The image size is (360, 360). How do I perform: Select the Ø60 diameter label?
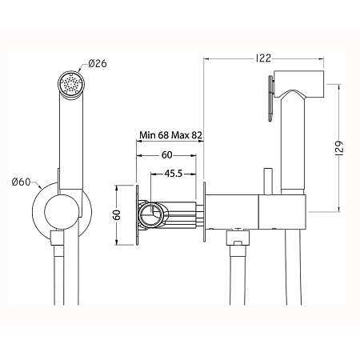(x=23, y=182)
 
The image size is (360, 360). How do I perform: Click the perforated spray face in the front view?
(x=70, y=82)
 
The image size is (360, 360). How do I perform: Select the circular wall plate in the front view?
(x=63, y=213)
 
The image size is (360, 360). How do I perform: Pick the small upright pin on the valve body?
(x=268, y=181)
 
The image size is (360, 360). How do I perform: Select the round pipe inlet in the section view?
(x=150, y=215)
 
